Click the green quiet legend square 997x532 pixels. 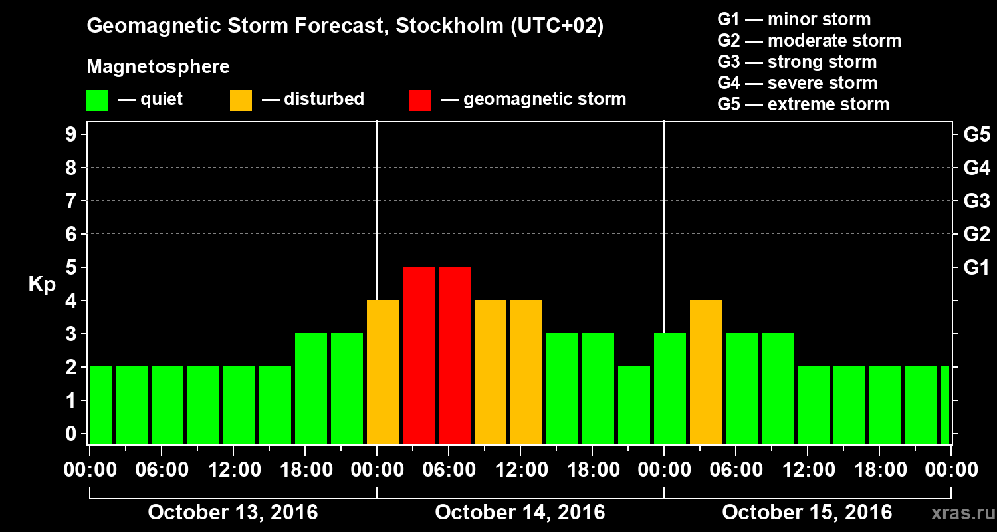97,100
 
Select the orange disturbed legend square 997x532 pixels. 241,100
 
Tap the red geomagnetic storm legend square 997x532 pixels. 420,100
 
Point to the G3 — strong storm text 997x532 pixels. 797,62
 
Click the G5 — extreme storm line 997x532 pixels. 803,104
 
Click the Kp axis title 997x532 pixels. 42,284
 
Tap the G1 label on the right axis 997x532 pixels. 976,267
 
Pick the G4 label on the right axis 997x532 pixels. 976,168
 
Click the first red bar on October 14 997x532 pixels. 419,355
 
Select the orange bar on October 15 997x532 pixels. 706,372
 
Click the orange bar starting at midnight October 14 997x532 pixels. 383,372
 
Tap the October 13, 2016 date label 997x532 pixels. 233,513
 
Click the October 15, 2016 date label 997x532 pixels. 807,513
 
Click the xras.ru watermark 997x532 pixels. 959,513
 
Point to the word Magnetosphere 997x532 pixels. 158,67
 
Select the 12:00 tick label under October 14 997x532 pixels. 520,470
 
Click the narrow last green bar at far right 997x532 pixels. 945,405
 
